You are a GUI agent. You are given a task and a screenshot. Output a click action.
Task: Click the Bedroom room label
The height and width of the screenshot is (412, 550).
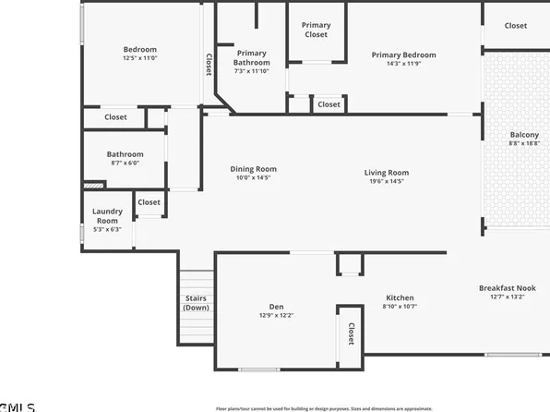[140, 50]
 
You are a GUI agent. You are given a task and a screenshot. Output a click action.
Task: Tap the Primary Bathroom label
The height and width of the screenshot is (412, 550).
[252, 57]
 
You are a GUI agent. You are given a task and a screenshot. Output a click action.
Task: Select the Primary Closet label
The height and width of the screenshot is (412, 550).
[317, 30]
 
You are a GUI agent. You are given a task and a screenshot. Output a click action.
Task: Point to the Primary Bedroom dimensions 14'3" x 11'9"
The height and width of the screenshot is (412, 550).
[403, 65]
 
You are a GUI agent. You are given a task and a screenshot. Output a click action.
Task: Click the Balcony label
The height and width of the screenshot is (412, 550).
[524, 135]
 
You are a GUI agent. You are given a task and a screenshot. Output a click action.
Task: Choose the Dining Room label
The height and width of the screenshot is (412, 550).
[253, 169]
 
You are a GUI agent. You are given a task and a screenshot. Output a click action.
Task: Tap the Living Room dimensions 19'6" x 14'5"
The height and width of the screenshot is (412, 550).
[386, 182]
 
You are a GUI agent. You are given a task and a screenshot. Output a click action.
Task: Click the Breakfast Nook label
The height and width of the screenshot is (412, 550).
[507, 288]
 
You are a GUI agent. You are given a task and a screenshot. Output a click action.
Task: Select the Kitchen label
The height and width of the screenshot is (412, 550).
[400, 297]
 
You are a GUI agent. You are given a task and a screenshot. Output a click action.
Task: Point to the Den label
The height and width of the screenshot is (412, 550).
[276, 307]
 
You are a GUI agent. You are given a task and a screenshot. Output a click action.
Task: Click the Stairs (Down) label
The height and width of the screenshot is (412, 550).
[196, 302]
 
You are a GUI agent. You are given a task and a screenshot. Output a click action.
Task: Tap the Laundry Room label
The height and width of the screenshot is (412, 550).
[107, 216]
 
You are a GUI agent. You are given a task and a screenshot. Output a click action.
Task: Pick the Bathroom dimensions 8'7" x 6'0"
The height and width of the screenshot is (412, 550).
[125, 164]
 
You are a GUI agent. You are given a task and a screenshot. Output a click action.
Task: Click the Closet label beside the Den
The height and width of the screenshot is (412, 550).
[352, 333]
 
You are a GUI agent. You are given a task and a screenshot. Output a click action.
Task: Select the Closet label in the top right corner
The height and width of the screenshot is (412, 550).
[516, 26]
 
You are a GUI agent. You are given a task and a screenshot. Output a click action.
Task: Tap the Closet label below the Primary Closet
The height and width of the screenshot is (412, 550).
[329, 105]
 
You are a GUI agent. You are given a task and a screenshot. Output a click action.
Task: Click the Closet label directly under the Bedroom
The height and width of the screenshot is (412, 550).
[115, 117]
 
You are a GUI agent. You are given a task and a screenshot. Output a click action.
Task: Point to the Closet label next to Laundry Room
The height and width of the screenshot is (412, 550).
[149, 202]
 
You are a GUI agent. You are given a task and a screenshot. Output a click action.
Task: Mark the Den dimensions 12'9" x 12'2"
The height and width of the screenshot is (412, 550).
[276, 316]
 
